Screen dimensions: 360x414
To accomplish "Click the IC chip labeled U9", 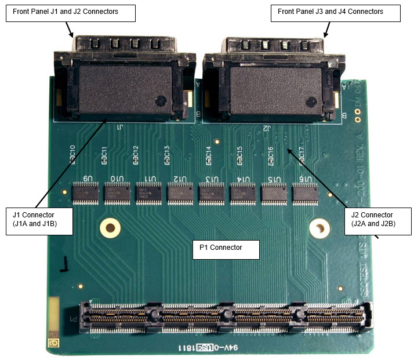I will (x=85, y=193).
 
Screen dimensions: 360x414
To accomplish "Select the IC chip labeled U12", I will (x=180, y=193).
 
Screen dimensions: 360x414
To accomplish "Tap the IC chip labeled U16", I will (x=306, y=193).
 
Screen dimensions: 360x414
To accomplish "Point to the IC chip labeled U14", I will (x=243, y=193).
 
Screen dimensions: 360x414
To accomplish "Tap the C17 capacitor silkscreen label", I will (x=302, y=154).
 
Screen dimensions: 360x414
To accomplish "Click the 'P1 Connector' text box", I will (x=225, y=248).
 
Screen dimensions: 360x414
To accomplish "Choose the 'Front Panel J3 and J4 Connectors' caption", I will (x=335, y=12).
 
